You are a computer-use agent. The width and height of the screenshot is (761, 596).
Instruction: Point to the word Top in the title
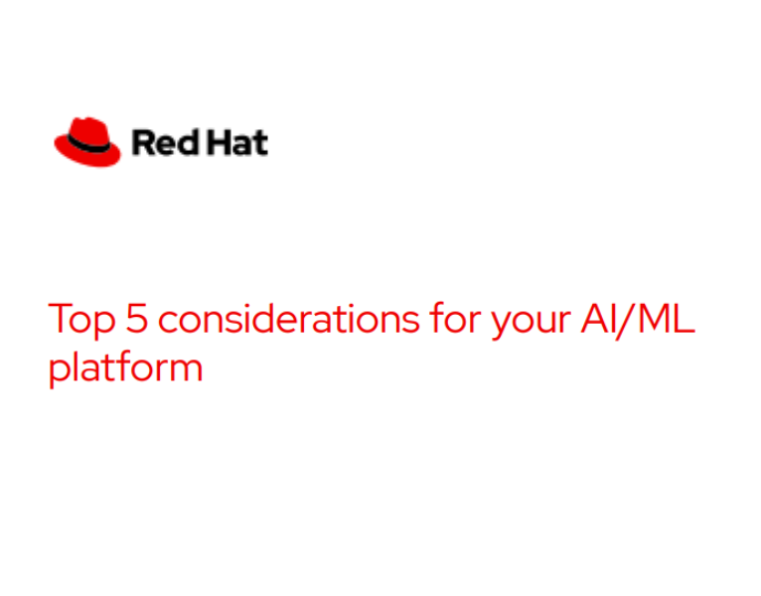(x=78, y=320)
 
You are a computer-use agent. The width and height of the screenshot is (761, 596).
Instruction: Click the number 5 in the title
(x=134, y=319)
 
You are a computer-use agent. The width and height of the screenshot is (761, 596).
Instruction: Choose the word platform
(x=125, y=368)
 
